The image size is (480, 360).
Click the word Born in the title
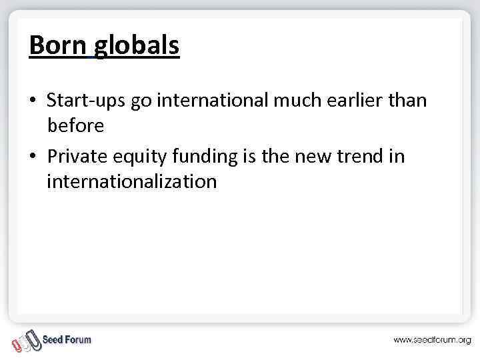coord(58,45)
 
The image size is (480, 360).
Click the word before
coord(75,125)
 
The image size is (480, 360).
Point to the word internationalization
coord(131,181)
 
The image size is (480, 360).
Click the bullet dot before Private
coord(33,157)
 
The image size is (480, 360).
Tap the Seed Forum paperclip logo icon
coord(26,340)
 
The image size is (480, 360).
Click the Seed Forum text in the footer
coord(67,339)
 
